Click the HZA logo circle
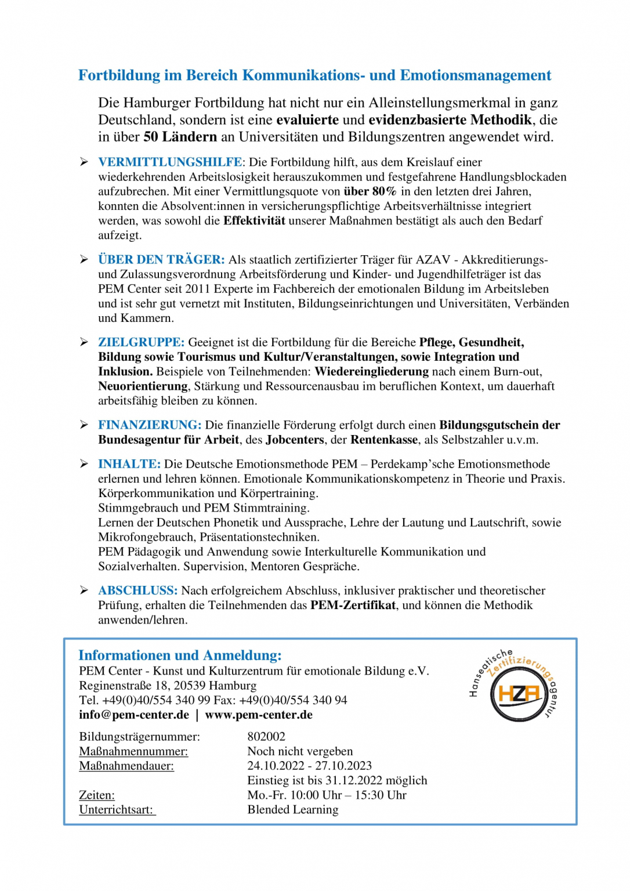(x=518, y=693)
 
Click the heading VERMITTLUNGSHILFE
(x=170, y=162)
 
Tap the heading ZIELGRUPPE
(x=141, y=343)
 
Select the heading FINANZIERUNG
(x=149, y=425)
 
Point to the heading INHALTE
(x=129, y=464)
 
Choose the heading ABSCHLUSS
(x=137, y=591)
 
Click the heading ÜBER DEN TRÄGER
(x=161, y=260)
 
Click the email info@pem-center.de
(x=134, y=715)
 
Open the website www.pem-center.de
(x=259, y=715)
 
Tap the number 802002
(x=266, y=737)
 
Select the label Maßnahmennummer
(x=133, y=752)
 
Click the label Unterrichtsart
(x=117, y=810)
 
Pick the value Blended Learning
(x=293, y=810)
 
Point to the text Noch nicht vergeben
(x=300, y=752)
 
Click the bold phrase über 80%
(x=370, y=191)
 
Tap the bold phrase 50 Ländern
(x=180, y=137)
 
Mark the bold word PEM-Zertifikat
(x=353, y=606)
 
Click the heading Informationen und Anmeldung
(x=180, y=655)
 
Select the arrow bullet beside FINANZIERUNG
(x=84, y=425)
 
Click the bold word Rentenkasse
(x=384, y=440)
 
